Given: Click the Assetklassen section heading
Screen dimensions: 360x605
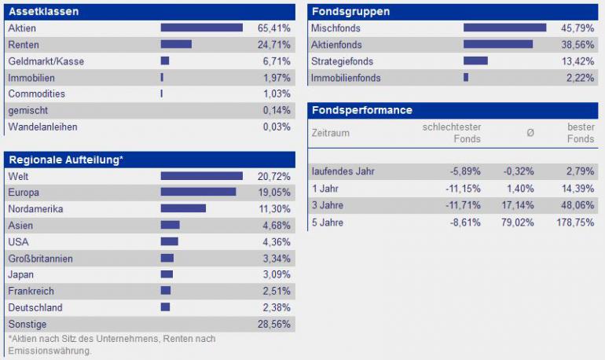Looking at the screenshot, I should point(43,12).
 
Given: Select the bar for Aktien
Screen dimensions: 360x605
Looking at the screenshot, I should point(202,28).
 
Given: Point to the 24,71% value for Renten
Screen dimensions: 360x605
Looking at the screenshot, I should point(274,45).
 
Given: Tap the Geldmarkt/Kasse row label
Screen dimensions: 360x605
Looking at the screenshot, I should point(46,61).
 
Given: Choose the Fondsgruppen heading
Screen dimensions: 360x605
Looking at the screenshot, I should point(350,12).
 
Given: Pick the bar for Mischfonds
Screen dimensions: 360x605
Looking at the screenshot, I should point(504,28).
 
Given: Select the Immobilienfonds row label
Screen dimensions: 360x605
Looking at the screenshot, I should point(346,78).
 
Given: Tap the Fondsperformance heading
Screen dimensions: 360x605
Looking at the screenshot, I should point(361,110).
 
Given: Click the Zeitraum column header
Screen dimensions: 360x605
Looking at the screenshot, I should point(331,133).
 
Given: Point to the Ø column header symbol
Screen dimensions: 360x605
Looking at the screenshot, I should point(530,133).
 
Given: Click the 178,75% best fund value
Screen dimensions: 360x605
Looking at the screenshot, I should point(575,222).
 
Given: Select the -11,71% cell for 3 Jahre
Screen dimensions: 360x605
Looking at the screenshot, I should point(465,205).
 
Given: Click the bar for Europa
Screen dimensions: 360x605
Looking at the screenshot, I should point(198,192).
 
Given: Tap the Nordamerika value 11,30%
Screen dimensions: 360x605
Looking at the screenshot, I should point(274,209).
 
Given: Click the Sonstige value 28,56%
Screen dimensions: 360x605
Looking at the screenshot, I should point(274,324).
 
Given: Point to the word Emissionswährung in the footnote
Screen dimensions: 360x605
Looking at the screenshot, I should point(49,351).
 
